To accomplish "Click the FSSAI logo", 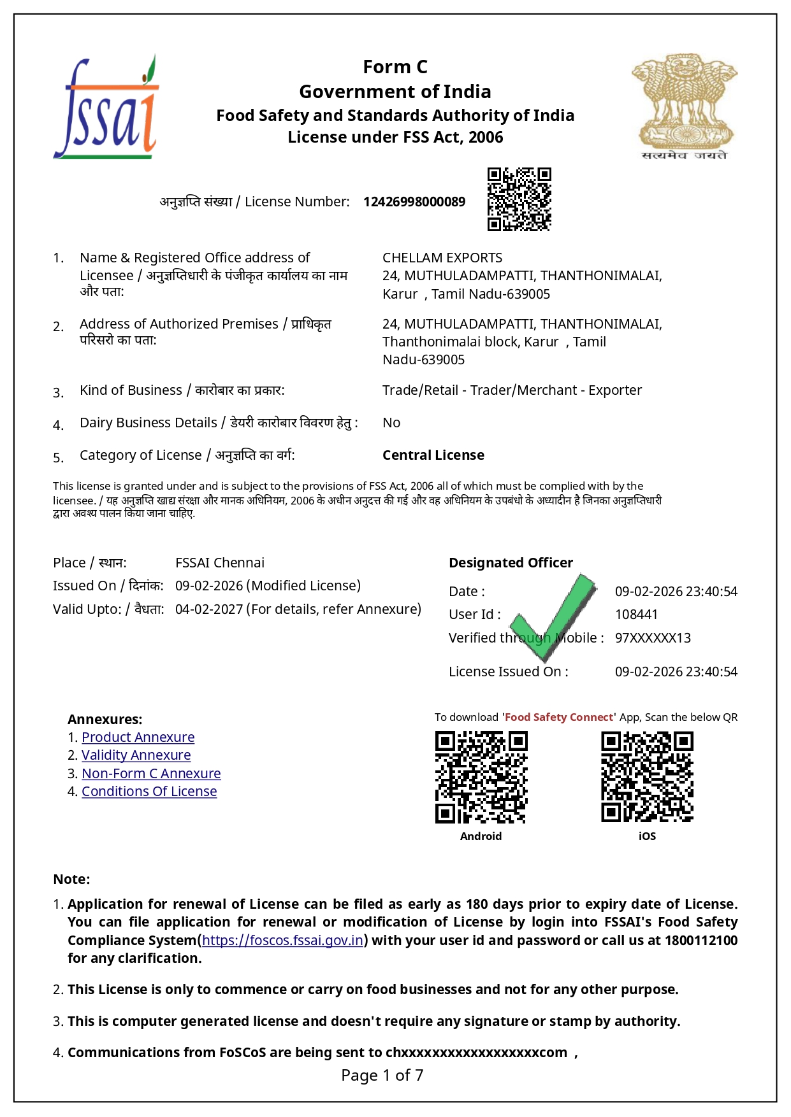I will coord(106,107).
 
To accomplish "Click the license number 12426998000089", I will coord(414,202).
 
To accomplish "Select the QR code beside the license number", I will coord(519,199).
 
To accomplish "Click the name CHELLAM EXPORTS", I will coord(442,258).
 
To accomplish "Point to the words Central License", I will coord(433,455).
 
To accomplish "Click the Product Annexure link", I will coord(138,737).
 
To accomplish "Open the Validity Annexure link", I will coord(136,755).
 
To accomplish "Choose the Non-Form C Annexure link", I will coord(151,774).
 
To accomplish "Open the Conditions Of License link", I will coord(149,792).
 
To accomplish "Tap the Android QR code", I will coord(481,778).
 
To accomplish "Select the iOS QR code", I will coord(647,778).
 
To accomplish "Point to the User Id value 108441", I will coord(636,615).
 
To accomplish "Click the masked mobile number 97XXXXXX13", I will coord(653,638).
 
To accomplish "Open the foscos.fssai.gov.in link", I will coord(282,941).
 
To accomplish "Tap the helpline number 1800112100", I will coord(700,941).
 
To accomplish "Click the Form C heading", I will coord(395,67).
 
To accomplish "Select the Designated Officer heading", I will coord(511,563).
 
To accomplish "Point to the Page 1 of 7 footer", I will coord(382,1076).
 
